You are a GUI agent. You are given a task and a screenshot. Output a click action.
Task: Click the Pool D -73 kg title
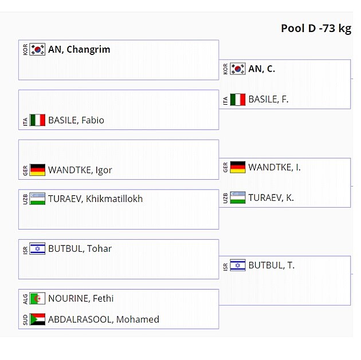coord(316,29)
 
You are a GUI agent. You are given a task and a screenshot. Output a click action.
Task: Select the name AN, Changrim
coord(79,49)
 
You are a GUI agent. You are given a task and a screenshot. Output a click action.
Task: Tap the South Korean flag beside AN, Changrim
coord(37,49)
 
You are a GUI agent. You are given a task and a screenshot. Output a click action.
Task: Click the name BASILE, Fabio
coord(76,120)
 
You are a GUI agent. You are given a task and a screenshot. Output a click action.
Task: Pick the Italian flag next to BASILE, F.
coord(238,100)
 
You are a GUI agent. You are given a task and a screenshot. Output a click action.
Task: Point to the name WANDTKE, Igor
coord(80,170)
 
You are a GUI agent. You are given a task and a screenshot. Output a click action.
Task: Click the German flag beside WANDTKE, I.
coord(238,167)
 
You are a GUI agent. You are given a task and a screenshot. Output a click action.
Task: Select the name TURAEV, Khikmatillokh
coord(96,199)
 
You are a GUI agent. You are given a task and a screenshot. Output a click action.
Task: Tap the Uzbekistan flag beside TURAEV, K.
coord(238,197)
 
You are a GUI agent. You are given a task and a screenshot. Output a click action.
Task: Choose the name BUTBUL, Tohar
coord(80,249)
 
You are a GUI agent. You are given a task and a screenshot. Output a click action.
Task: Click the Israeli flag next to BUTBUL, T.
coord(238,266)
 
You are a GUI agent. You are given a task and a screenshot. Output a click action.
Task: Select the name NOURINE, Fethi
coord(81,298)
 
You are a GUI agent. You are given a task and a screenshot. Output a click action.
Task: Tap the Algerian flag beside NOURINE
coord(37,298)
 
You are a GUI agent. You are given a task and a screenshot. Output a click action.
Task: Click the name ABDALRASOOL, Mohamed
coord(104,319)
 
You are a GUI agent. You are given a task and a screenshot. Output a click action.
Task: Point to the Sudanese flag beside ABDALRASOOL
coord(37,319)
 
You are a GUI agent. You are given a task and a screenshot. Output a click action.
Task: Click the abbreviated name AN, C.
coord(262,69)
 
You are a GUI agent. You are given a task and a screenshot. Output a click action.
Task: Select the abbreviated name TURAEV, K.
coord(271,197)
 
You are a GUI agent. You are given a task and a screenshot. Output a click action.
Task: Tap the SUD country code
coord(25,319)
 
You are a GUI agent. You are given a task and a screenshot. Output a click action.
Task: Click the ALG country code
coord(25,299)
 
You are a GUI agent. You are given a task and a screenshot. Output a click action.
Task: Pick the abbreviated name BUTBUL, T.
coord(272,266)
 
